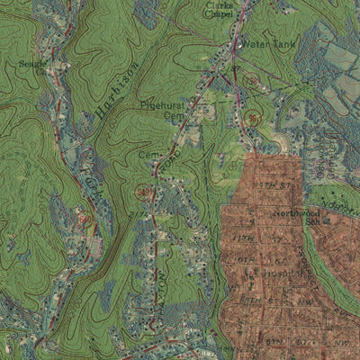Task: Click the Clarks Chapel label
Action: tap(219, 9)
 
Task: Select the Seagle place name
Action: tap(32, 64)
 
